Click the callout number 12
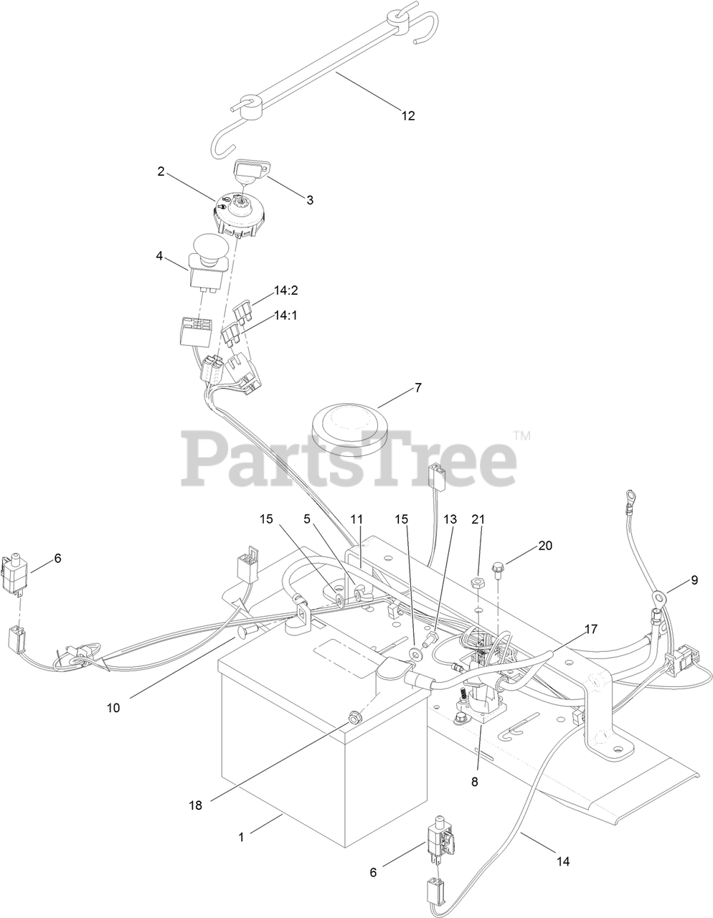(407, 116)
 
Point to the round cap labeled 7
(349, 427)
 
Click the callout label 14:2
(285, 290)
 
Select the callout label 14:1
(285, 315)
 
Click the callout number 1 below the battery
(241, 836)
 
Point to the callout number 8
(474, 782)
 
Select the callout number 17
(590, 630)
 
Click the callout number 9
(694, 580)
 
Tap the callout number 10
(113, 708)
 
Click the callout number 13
(449, 519)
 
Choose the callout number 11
(357, 519)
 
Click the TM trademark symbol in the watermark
(521, 435)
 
